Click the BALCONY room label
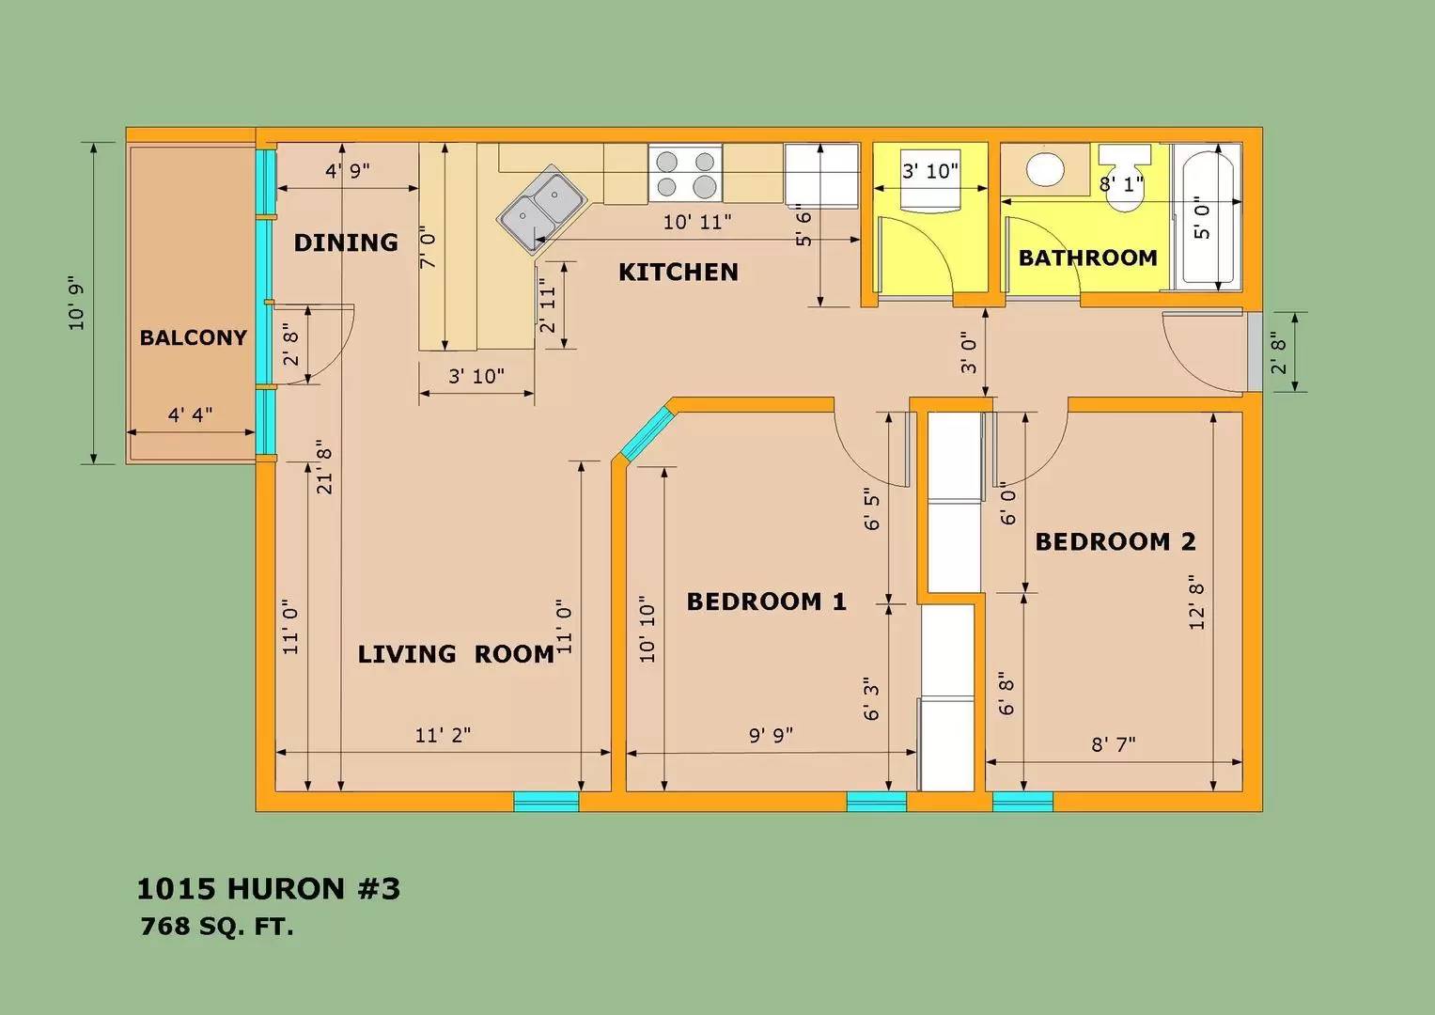[x=193, y=337]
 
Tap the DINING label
[x=346, y=242]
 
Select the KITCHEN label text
[x=678, y=273]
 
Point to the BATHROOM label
[x=1088, y=258]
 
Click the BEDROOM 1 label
[x=766, y=601]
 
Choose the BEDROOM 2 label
[x=1115, y=542]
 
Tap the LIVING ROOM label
[x=456, y=654]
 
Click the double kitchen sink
[x=542, y=208]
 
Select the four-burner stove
[x=685, y=173]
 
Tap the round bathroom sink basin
[x=1045, y=170]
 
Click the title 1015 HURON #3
[x=269, y=889]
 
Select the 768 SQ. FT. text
[x=217, y=927]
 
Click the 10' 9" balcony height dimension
[x=76, y=303]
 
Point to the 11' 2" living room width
[x=443, y=734]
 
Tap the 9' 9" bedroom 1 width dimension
[x=771, y=734]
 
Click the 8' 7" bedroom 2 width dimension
[x=1114, y=744]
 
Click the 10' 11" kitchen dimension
[x=697, y=222]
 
